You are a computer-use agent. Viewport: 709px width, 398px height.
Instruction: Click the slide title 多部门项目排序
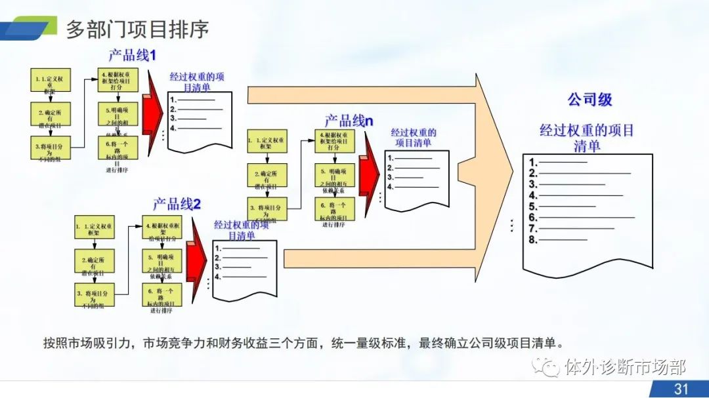click(x=137, y=30)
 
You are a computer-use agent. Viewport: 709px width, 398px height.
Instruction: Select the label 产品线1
click(x=132, y=55)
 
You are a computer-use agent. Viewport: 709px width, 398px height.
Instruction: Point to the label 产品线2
click(x=177, y=204)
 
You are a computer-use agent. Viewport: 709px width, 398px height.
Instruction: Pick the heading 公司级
click(x=590, y=100)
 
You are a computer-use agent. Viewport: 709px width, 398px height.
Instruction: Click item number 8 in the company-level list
click(x=534, y=239)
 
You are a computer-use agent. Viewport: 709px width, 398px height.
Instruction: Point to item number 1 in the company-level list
click(x=534, y=163)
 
